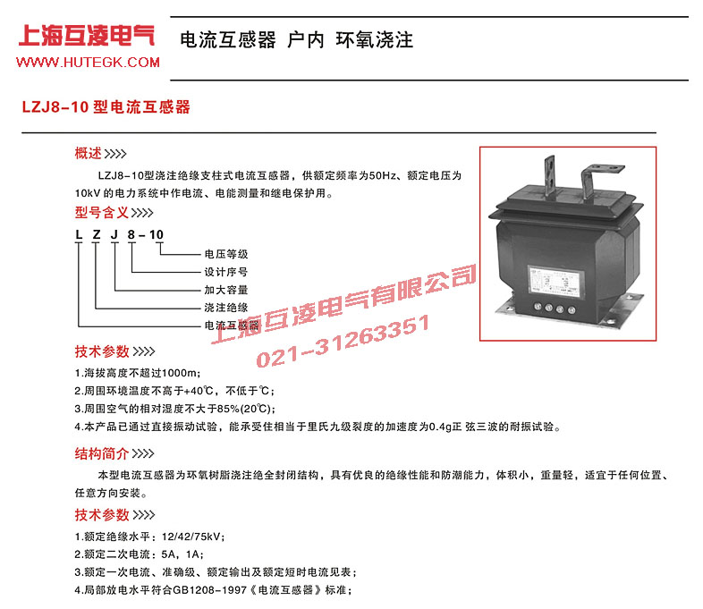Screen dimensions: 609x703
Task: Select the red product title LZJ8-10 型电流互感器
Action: pos(106,106)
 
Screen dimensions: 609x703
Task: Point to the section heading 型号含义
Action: pos(103,214)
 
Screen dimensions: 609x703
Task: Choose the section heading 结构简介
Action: pos(103,453)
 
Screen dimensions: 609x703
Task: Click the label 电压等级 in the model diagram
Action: pos(226,253)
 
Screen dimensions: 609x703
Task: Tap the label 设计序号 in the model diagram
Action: pos(226,272)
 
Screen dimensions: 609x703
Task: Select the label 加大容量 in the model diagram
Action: pos(226,290)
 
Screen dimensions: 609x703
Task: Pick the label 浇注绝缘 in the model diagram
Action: pos(226,308)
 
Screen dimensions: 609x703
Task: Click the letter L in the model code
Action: pos(79,235)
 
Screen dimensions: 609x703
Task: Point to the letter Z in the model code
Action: pos(97,235)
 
